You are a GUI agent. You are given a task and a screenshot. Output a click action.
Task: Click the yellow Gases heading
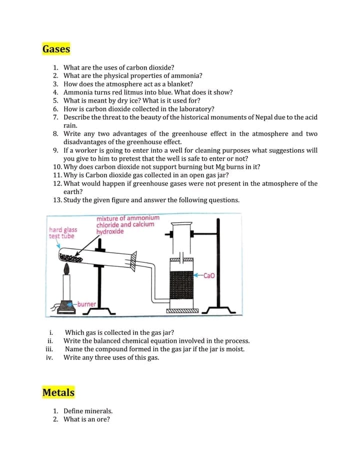click(x=56, y=49)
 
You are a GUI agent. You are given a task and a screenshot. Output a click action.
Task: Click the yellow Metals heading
click(x=58, y=392)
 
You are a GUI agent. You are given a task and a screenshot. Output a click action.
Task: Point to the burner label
click(x=86, y=304)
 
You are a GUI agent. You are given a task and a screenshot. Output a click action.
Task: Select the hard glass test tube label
click(x=62, y=233)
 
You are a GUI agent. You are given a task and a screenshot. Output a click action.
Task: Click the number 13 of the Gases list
click(x=56, y=200)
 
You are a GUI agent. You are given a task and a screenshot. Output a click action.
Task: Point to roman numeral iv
click(x=49, y=357)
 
